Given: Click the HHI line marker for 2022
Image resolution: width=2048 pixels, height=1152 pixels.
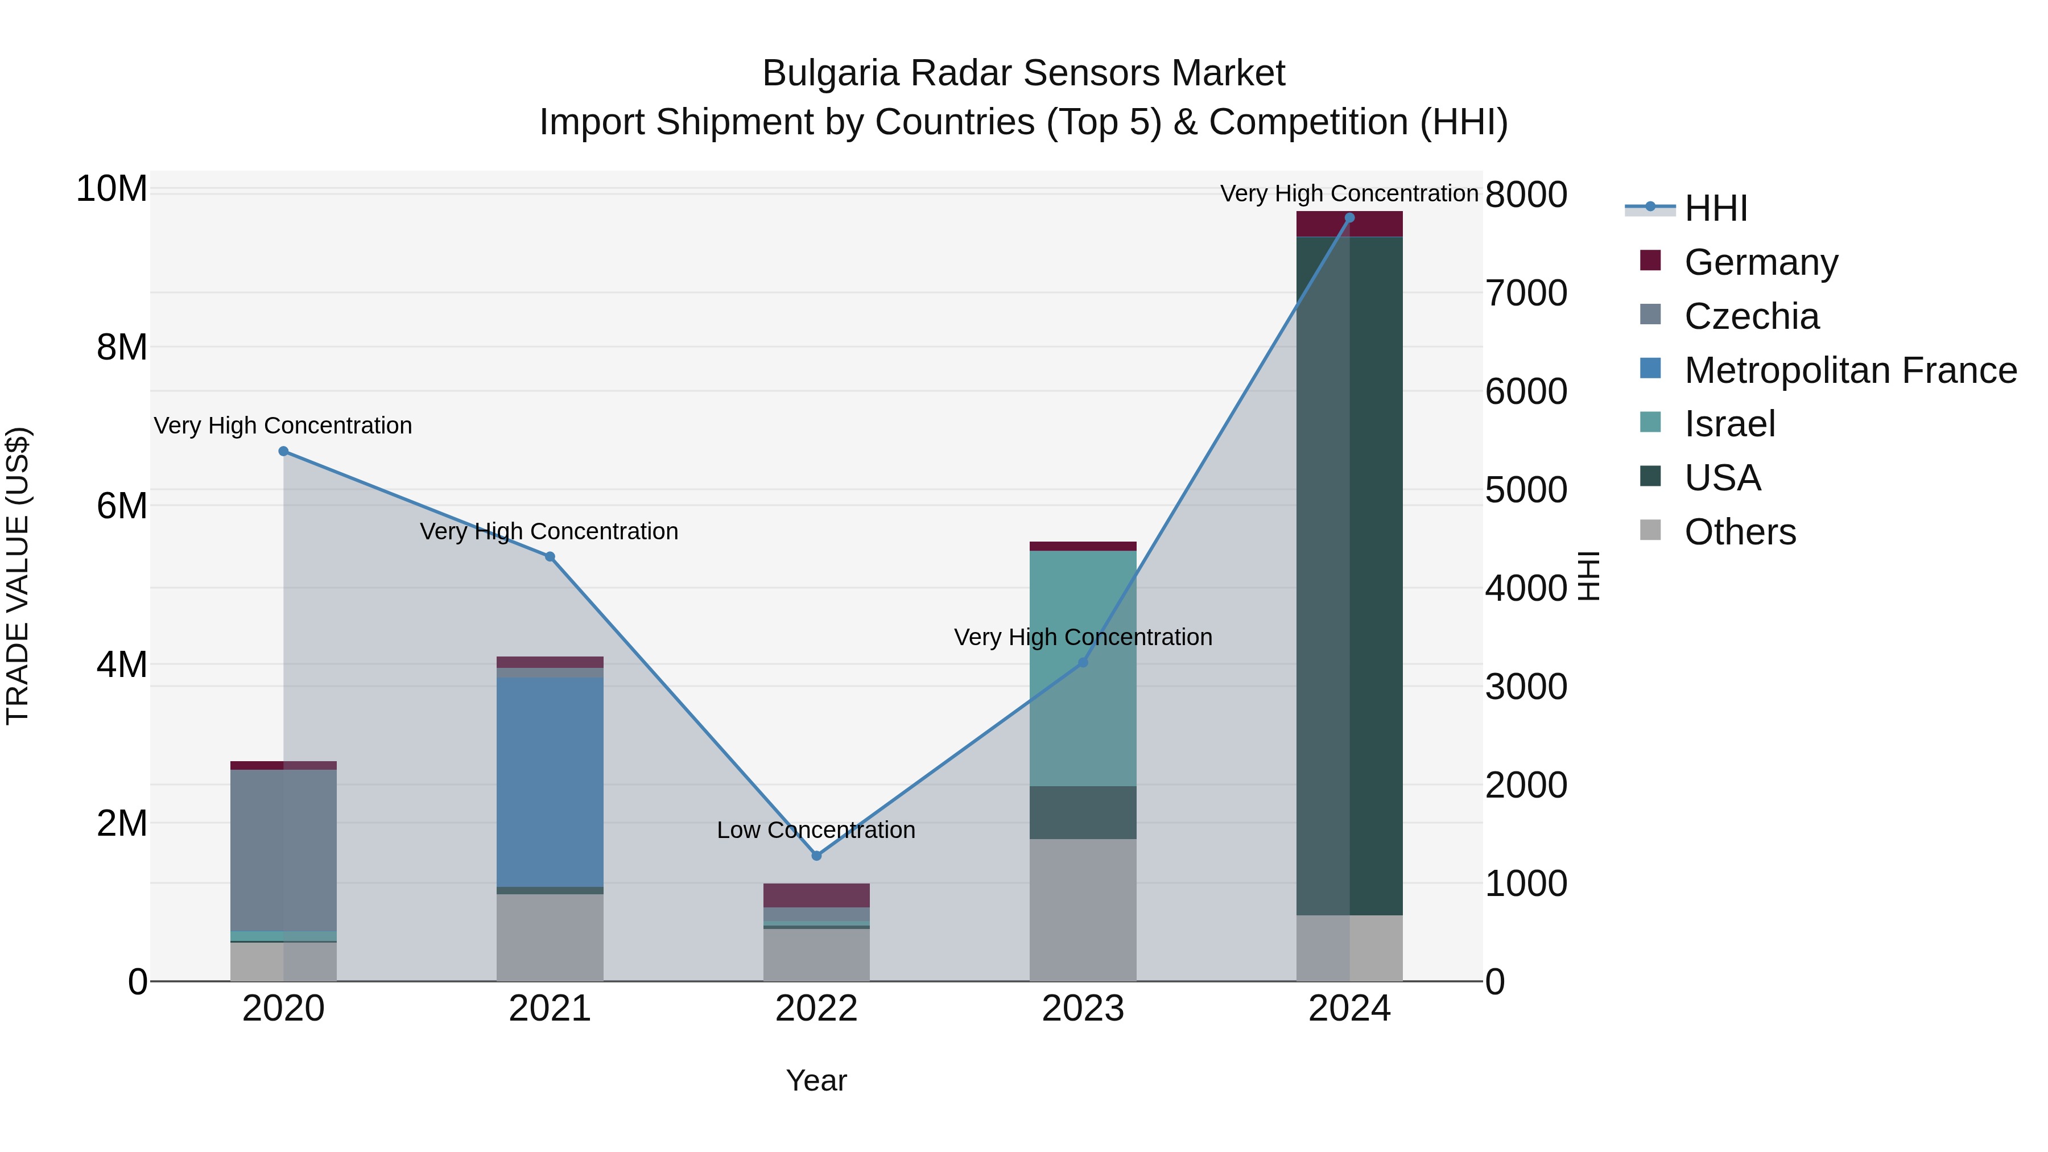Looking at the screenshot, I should point(816,856).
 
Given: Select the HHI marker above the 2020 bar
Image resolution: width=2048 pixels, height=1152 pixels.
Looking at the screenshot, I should point(283,451).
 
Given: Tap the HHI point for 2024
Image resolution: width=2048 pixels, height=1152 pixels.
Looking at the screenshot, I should point(1349,218).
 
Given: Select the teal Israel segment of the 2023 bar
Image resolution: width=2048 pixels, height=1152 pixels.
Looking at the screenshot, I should point(1082,668).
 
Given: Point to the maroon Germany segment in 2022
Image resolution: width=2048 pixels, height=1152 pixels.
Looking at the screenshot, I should point(816,895).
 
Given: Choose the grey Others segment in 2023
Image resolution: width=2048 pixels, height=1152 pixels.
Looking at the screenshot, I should point(1082,910).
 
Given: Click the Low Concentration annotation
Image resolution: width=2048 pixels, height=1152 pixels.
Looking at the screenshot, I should point(816,830).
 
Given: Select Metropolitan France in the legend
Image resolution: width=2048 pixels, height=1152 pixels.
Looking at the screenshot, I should point(1849,370).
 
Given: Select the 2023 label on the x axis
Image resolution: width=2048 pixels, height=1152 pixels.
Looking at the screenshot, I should point(1082,1009).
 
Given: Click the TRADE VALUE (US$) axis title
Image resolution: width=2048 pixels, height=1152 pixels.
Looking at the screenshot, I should point(18,576).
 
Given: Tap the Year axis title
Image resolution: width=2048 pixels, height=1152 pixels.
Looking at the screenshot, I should point(816,1080).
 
